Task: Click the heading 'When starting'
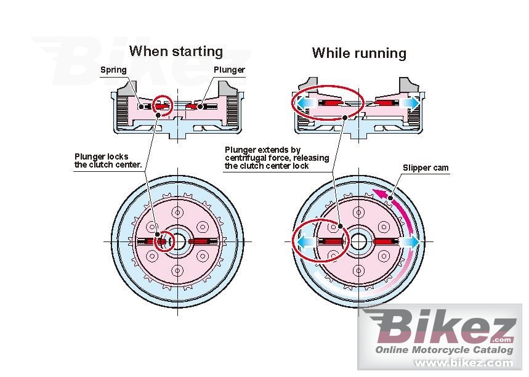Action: coord(176,51)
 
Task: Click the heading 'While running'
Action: coord(359,53)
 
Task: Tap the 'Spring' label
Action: coord(113,70)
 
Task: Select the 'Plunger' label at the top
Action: coord(229,70)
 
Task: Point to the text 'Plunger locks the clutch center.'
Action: coord(108,161)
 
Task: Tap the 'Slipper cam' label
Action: coord(426,168)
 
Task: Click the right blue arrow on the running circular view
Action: coord(411,242)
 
